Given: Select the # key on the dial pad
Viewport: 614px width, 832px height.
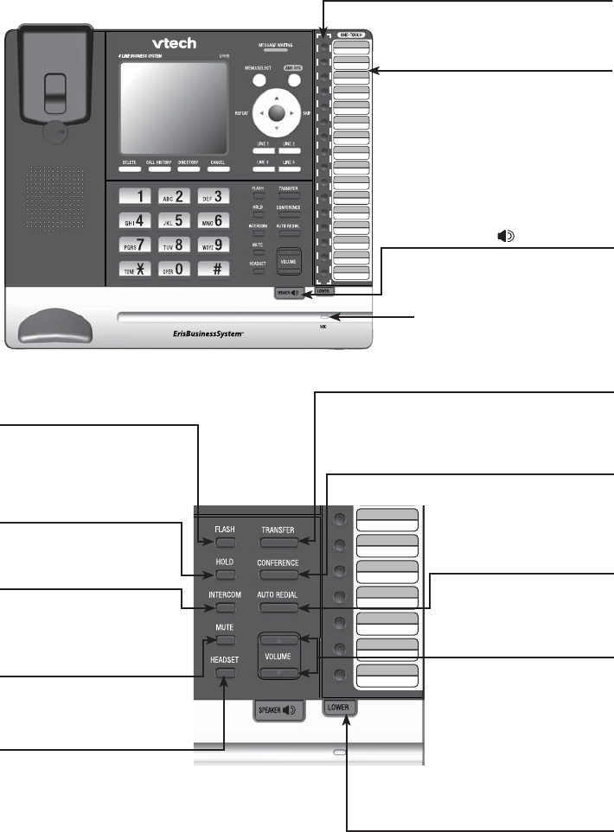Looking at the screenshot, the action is [214, 269].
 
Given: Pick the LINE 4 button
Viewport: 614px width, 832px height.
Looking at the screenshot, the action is [288, 168].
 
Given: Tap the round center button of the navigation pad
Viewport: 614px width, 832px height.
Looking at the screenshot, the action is [276, 112].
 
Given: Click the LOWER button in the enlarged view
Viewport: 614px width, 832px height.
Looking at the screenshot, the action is [341, 708].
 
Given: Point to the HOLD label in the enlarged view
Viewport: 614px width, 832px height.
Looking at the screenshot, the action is [225, 562].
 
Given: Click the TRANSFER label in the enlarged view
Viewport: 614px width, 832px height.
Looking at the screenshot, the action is [278, 530].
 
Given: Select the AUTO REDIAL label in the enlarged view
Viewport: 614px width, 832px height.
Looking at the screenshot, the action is [278, 595].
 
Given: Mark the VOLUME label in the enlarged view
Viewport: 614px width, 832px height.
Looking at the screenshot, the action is [278, 657].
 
